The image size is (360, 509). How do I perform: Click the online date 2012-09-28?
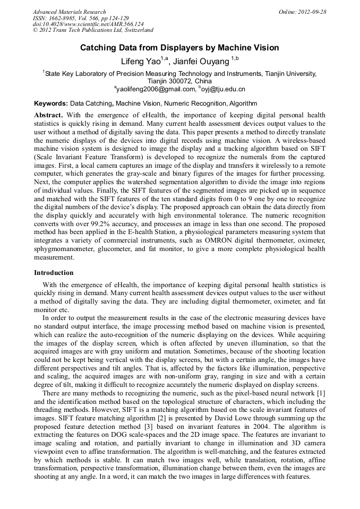(312, 12)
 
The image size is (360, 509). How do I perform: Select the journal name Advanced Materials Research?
(69, 12)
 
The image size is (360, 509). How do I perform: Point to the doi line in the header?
(88, 24)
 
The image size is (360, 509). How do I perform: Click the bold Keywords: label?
(51, 103)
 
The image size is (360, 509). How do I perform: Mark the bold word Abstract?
(48, 115)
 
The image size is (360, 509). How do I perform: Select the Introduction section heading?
(54, 272)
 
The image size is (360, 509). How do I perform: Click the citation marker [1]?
(321, 392)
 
